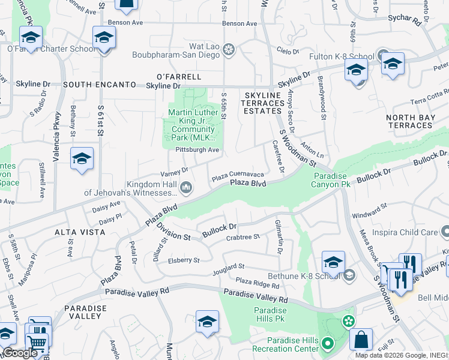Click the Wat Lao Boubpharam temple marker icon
click(x=228, y=51)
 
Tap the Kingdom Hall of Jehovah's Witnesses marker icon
click(x=186, y=189)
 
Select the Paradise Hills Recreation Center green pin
click(x=327, y=344)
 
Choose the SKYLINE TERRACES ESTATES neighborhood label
click(x=263, y=103)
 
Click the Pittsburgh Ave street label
click(x=197, y=150)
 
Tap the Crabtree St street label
click(x=243, y=237)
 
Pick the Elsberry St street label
click(x=184, y=260)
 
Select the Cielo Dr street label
click(x=288, y=52)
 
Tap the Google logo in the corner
click(x=20, y=353)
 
